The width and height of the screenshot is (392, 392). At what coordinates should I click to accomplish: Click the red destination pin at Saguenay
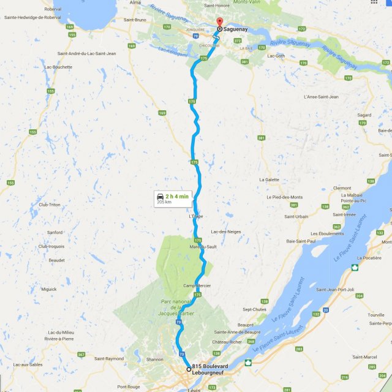click(219, 23)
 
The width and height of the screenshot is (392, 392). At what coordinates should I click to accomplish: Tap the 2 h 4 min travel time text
click(178, 195)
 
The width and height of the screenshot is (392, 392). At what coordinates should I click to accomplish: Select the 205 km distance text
click(164, 202)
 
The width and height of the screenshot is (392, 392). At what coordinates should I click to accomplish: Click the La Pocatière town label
click(369, 258)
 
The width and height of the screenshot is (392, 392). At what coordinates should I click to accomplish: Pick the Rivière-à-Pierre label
click(60, 338)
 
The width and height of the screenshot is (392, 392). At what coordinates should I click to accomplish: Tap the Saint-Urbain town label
click(296, 216)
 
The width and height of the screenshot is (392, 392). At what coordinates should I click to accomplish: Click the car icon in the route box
click(160, 195)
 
